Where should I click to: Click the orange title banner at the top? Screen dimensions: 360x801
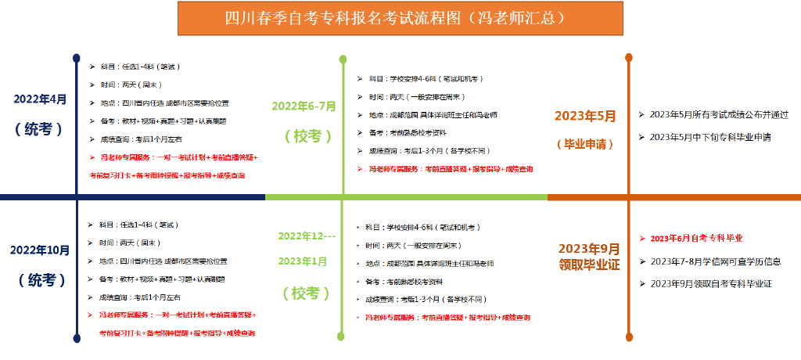pyautogui.click(x=400, y=18)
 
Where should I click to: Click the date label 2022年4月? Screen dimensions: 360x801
pyautogui.click(x=40, y=99)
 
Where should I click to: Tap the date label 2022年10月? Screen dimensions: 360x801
pyautogui.click(x=40, y=250)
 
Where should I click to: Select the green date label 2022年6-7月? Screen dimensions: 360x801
pyautogui.click(x=304, y=106)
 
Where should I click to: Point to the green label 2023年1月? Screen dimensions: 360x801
pyautogui.click(x=303, y=261)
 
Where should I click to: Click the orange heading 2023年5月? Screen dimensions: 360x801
pyautogui.click(x=585, y=116)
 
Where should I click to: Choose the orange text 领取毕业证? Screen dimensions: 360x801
pyautogui.click(x=589, y=265)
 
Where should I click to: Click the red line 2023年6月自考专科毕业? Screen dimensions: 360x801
pyautogui.click(x=696, y=238)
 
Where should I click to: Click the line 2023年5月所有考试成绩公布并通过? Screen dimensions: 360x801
pyautogui.click(x=718, y=114)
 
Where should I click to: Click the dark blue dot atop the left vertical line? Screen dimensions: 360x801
pyautogui.click(x=76, y=57)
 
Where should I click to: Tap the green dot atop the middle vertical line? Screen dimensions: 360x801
pyautogui.click(x=343, y=59)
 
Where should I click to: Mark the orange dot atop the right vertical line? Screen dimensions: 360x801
pyautogui.click(x=628, y=57)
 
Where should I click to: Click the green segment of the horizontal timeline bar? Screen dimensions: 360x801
pyautogui.click(x=407, y=197)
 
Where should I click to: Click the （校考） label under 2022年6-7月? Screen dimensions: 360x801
pyautogui.click(x=303, y=135)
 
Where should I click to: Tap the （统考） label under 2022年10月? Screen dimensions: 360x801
pyautogui.click(x=40, y=280)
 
